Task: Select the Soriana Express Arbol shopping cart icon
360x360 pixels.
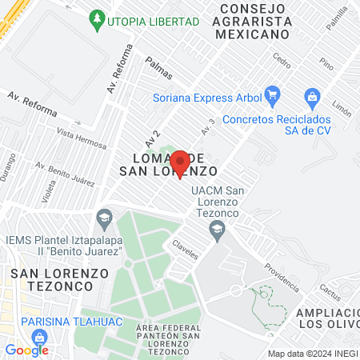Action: click(271, 94)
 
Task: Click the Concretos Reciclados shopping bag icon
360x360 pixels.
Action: click(313, 98)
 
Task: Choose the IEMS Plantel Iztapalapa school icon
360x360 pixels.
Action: click(103, 217)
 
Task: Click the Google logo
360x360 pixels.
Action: click(26, 350)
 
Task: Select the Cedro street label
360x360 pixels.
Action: click(282, 59)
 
